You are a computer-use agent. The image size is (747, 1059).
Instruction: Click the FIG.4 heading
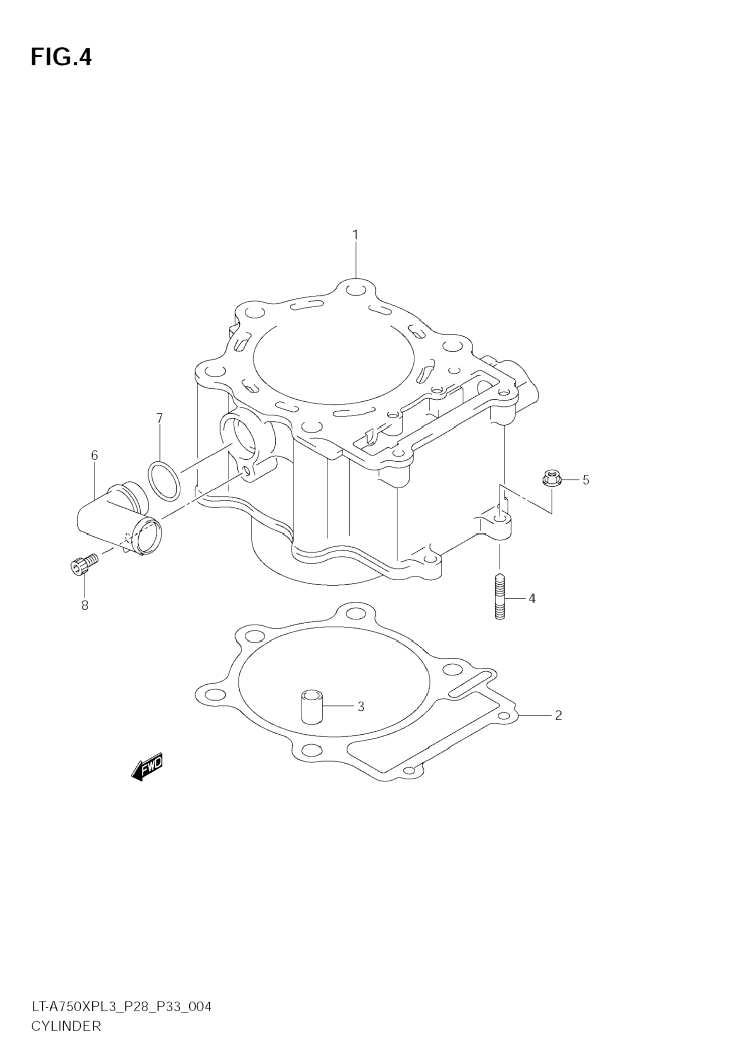[61, 58]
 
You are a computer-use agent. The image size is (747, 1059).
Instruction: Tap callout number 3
[361, 706]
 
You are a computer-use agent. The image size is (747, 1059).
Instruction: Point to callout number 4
[532, 599]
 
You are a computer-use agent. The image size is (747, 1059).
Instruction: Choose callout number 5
[586, 480]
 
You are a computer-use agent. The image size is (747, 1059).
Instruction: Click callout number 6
[94, 456]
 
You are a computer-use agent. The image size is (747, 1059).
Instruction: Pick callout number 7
[159, 418]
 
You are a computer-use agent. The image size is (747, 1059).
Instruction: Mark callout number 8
[85, 605]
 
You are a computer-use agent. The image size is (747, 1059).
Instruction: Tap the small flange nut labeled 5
[549, 478]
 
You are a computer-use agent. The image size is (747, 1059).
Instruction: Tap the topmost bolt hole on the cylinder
[356, 291]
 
